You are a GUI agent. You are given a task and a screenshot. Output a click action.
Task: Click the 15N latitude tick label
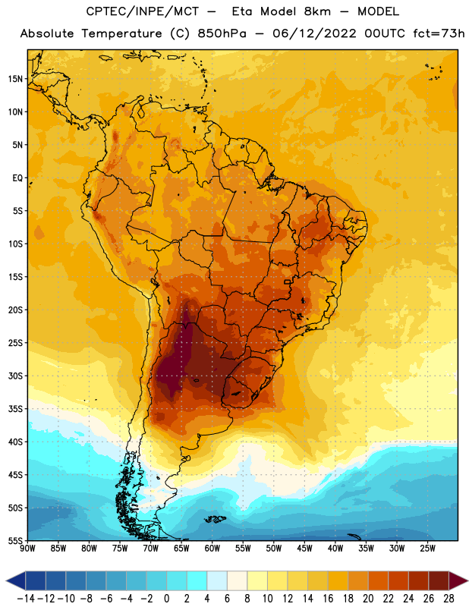tap(15, 79)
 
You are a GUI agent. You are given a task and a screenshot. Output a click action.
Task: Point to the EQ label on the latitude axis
tap(17, 178)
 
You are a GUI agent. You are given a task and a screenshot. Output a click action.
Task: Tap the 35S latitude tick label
tap(15, 409)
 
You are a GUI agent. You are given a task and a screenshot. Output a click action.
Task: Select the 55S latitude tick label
tap(15, 541)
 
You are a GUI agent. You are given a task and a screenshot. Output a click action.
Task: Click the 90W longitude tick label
tap(27, 549)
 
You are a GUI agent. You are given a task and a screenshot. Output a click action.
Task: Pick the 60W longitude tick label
tap(212, 549)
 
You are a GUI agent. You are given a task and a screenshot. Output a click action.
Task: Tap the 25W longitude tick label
tap(428, 549)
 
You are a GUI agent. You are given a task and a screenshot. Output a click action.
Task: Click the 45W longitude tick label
tap(305, 549)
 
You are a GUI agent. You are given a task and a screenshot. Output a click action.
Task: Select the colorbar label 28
tap(449, 599)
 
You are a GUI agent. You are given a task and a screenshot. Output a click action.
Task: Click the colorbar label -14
tap(26, 599)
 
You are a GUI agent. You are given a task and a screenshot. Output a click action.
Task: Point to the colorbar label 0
tap(166, 599)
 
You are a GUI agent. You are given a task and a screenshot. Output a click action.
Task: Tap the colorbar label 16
tap(328, 599)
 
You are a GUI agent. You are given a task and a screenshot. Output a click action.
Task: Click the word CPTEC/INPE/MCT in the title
tap(143, 11)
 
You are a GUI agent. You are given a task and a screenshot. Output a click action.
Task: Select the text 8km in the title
tap(317, 11)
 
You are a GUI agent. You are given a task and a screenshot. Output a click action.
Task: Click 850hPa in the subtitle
tap(222, 33)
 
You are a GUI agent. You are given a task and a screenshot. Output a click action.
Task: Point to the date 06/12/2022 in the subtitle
tap(314, 33)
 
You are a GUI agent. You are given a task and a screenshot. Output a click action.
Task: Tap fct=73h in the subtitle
tap(439, 33)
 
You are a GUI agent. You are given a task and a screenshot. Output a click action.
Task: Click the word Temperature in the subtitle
tap(121, 34)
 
